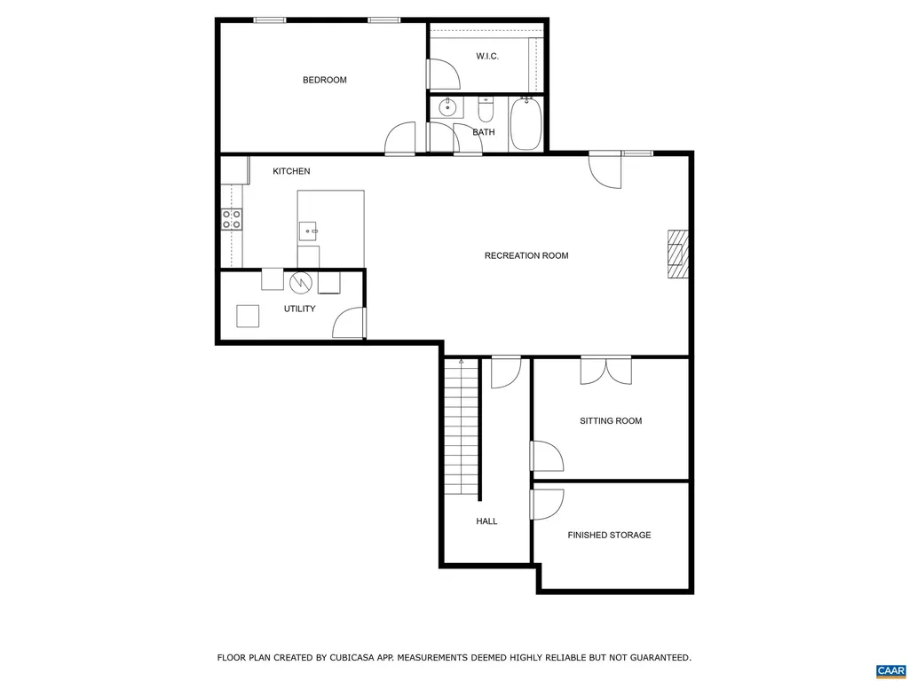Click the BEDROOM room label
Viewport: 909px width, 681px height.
pos(324,80)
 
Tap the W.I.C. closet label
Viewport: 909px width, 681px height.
pos(487,56)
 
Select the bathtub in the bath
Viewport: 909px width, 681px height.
pos(525,124)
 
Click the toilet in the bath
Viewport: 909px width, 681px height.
pos(486,111)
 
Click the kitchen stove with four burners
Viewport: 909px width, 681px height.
pos(232,219)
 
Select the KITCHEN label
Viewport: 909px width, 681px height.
pos(291,171)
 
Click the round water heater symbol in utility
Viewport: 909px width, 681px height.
pos(301,282)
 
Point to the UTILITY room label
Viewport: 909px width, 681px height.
pos(299,309)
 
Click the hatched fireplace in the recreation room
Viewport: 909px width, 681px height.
pos(678,255)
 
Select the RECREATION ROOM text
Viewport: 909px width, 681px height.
pos(526,255)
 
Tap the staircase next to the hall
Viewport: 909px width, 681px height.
pos(462,426)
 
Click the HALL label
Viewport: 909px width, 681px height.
pos(486,521)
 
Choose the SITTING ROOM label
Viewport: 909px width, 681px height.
pos(611,420)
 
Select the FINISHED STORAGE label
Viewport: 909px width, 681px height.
pos(609,535)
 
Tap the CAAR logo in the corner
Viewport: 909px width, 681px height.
pos(889,670)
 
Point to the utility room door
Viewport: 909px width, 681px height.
pos(350,323)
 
